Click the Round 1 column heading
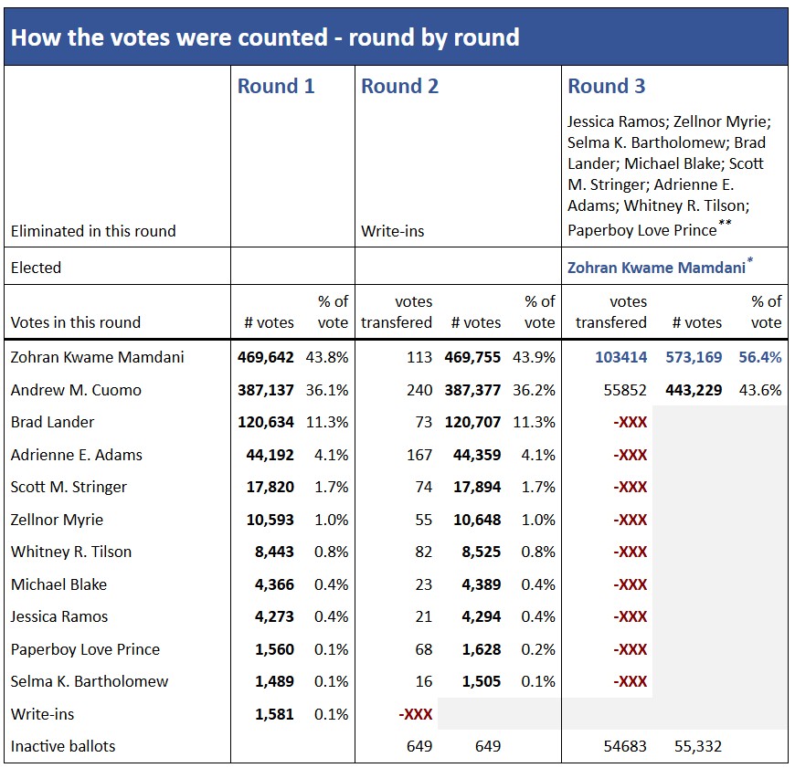(276, 87)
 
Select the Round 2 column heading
(399, 87)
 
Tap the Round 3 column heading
(606, 87)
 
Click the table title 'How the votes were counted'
(265, 37)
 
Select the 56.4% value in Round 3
(759, 357)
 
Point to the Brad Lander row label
(52, 422)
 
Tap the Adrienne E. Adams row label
(77, 455)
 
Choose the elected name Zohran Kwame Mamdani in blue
(656, 268)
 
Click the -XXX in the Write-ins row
(415, 714)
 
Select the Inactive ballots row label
(63, 746)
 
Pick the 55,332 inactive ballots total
(696, 746)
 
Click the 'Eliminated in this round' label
(93, 231)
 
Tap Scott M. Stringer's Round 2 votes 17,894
(477, 487)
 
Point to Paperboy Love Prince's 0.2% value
(539, 649)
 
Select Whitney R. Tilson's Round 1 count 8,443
(273, 552)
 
